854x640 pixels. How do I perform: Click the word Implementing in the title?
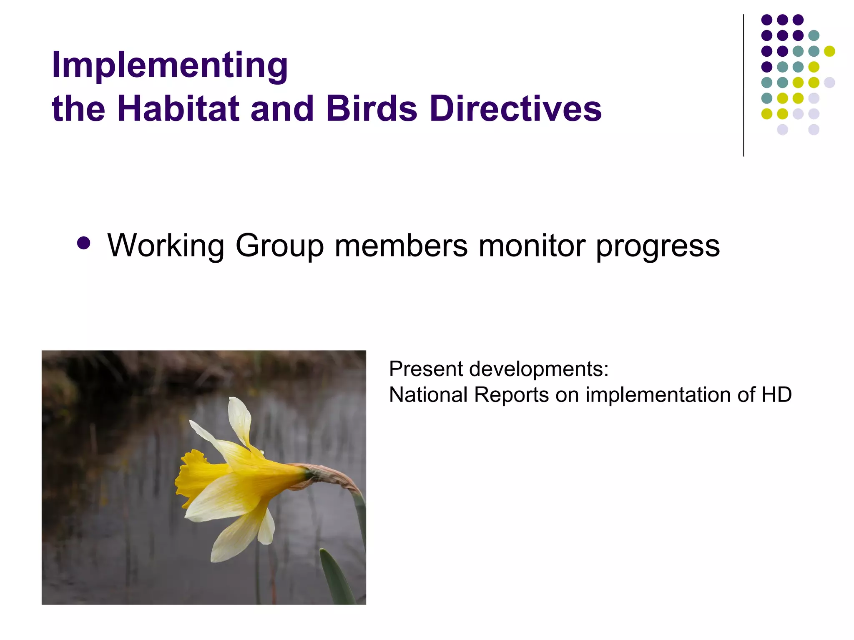169,65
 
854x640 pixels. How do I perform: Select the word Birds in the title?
371,109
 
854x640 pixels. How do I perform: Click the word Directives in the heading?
515,109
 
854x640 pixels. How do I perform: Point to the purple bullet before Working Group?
84,243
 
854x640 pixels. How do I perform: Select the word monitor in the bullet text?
532,246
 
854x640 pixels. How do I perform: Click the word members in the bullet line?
401,246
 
